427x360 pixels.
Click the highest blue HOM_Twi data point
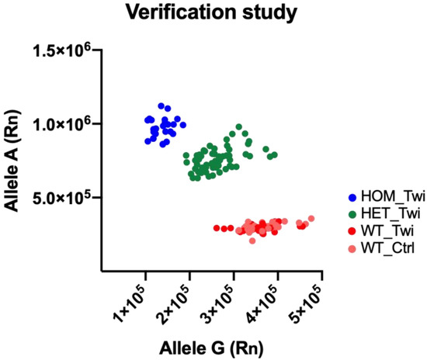[x=161, y=106]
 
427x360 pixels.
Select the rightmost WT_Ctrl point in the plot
[x=311, y=219]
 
